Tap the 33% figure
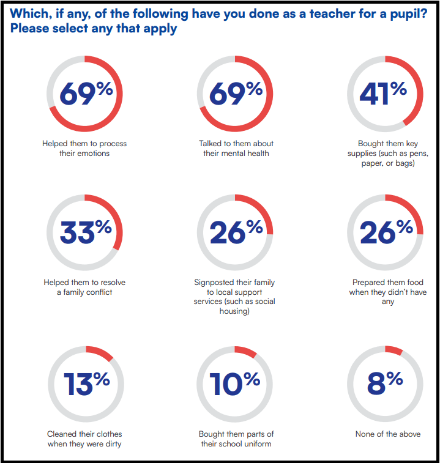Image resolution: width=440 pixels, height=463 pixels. [x=86, y=232]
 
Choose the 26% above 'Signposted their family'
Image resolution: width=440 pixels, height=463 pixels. [x=236, y=232]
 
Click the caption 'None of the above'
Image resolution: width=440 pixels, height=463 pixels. [x=388, y=434]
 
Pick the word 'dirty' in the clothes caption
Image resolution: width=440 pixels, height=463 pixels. [x=111, y=444]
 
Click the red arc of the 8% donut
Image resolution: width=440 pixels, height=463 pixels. [x=394, y=350]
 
